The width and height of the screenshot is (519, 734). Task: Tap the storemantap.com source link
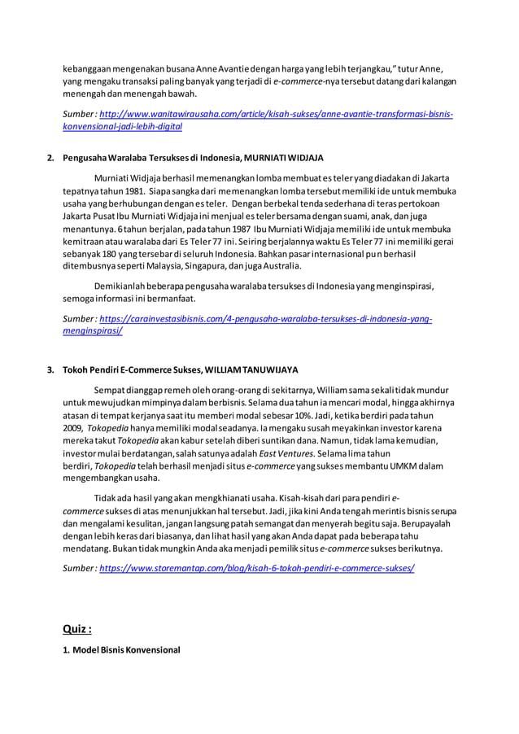point(256,568)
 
